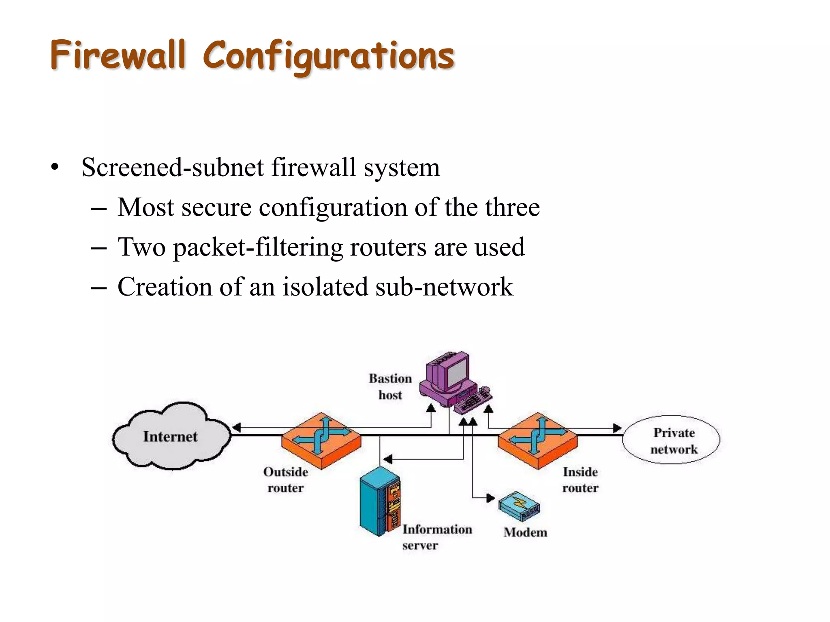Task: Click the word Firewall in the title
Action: click(x=118, y=55)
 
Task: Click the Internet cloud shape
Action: click(x=170, y=437)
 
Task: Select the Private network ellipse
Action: click(x=671, y=440)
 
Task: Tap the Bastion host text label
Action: click(x=390, y=386)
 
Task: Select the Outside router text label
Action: click(x=286, y=480)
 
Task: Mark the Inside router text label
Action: click(x=580, y=480)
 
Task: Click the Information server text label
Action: click(x=436, y=537)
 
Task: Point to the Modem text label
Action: click(x=525, y=532)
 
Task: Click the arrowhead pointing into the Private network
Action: click(x=617, y=428)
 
